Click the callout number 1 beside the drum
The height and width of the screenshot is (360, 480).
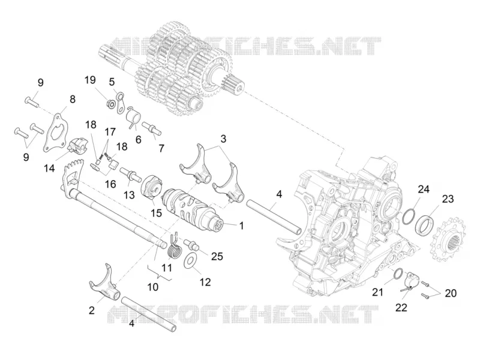[x=242, y=226]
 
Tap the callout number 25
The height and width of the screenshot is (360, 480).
[x=217, y=256]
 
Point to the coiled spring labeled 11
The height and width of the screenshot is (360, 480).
[x=175, y=246]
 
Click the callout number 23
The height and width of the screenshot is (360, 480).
[x=448, y=199]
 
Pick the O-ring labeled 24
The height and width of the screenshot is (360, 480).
[x=409, y=216]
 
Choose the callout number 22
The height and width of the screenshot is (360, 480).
[x=401, y=307]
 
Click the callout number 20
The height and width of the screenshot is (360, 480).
[x=451, y=293]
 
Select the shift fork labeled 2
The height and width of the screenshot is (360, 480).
[x=103, y=284]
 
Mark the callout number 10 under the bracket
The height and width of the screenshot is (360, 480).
[x=153, y=287]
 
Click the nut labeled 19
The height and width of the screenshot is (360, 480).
[x=112, y=103]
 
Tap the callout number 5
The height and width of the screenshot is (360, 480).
[x=112, y=82]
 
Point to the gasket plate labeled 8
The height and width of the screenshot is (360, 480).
[x=56, y=134]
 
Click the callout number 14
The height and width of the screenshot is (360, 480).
[x=49, y=168]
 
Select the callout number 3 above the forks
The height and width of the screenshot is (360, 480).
[x=223, y=139]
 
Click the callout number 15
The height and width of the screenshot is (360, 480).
[x=156, y=213]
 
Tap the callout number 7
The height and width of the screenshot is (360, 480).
[x=161, y=148]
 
